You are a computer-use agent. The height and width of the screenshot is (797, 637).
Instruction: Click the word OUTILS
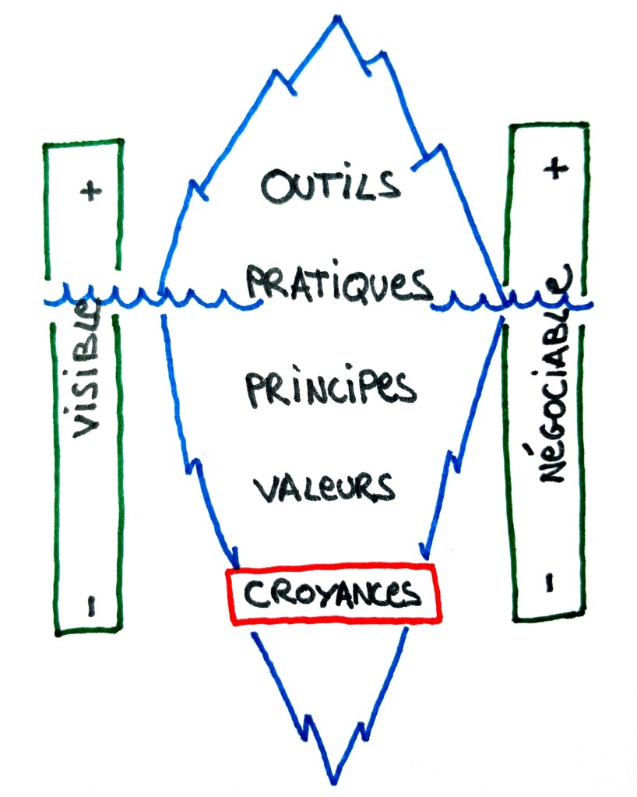click(331, 187)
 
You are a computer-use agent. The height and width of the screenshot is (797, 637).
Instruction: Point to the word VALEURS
click(324, 487)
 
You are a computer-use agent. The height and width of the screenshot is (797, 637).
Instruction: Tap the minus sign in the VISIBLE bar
click(90, 607)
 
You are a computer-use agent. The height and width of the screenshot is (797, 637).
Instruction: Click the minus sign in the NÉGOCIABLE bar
click(550, 581)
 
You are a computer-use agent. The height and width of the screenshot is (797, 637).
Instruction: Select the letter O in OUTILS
click(276, 188)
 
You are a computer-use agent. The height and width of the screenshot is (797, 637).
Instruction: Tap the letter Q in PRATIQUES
click(367, 285)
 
